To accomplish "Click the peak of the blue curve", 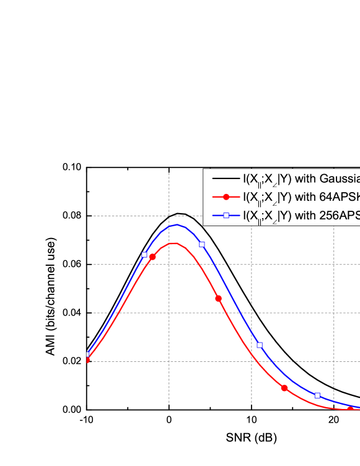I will click(177, 225).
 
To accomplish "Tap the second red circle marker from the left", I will click(152, 257).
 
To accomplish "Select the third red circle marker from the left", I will click(218, 299).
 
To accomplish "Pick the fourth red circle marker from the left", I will click(284, 389).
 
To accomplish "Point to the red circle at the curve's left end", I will click(88, 359).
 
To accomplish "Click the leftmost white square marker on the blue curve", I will click(88, 354).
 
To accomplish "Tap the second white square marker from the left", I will click(144, 255).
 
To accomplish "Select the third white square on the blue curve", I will click(202, 245).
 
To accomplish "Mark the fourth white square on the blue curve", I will click(260, 345).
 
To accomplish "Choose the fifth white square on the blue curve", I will click(317, 395).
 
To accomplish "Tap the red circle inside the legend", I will click(226, 197).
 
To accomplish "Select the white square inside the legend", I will click(226, 215).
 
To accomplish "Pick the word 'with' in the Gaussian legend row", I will click(305, 179).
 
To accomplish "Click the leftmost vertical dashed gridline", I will click(169, 310).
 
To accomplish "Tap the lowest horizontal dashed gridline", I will click(186, 361).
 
